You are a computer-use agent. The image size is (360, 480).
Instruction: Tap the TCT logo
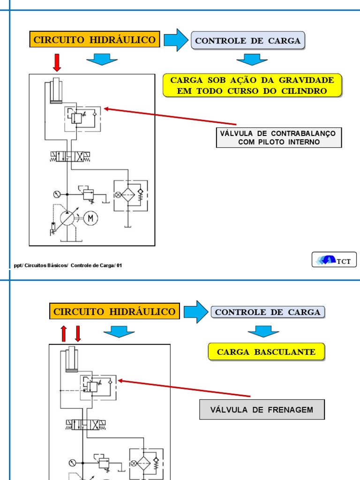334,260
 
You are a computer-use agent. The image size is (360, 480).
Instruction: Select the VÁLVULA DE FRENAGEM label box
262,410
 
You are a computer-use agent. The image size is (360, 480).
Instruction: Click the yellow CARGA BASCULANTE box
266,352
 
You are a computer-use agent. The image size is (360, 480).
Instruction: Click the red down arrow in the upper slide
57,62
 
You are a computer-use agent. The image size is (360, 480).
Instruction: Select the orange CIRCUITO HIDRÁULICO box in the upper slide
94,40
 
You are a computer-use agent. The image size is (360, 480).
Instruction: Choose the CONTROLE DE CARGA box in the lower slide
268,312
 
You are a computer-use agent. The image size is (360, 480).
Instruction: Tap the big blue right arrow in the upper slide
176,40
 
